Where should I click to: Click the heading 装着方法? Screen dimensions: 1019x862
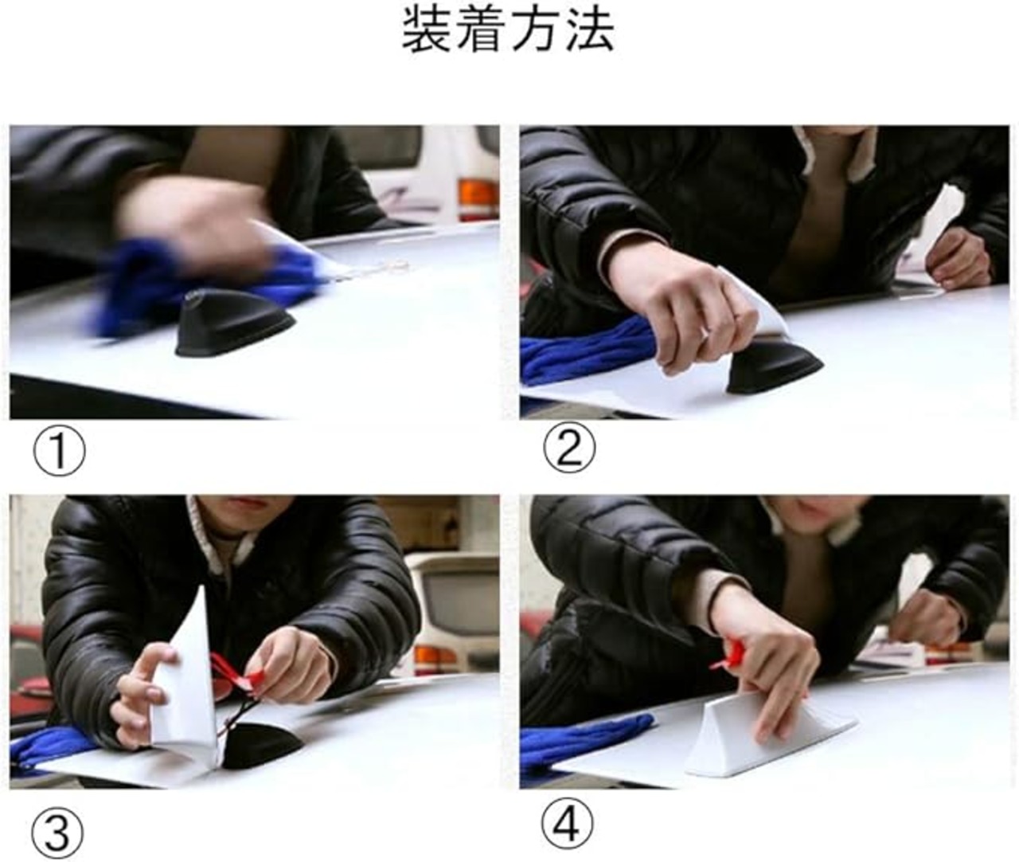(508, 30)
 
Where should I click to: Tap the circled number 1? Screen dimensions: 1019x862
(59, 450)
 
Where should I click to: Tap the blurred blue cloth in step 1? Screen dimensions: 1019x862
(197, 286)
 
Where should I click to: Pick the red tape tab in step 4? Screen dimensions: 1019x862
(732, 655)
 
